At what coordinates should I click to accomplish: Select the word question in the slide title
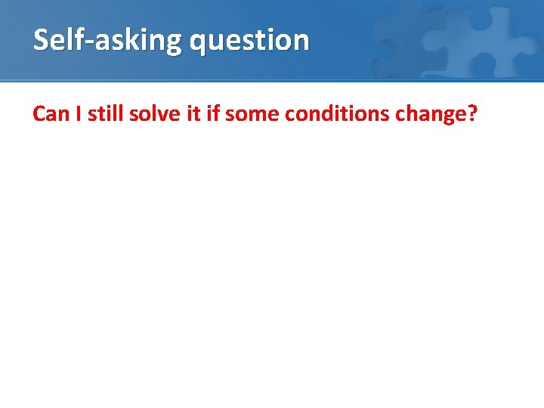tap(249, 40)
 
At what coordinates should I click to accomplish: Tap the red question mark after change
tap(472, 114)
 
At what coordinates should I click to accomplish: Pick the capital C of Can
tap(39, 114)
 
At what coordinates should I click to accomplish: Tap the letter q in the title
tap(199, 42)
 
